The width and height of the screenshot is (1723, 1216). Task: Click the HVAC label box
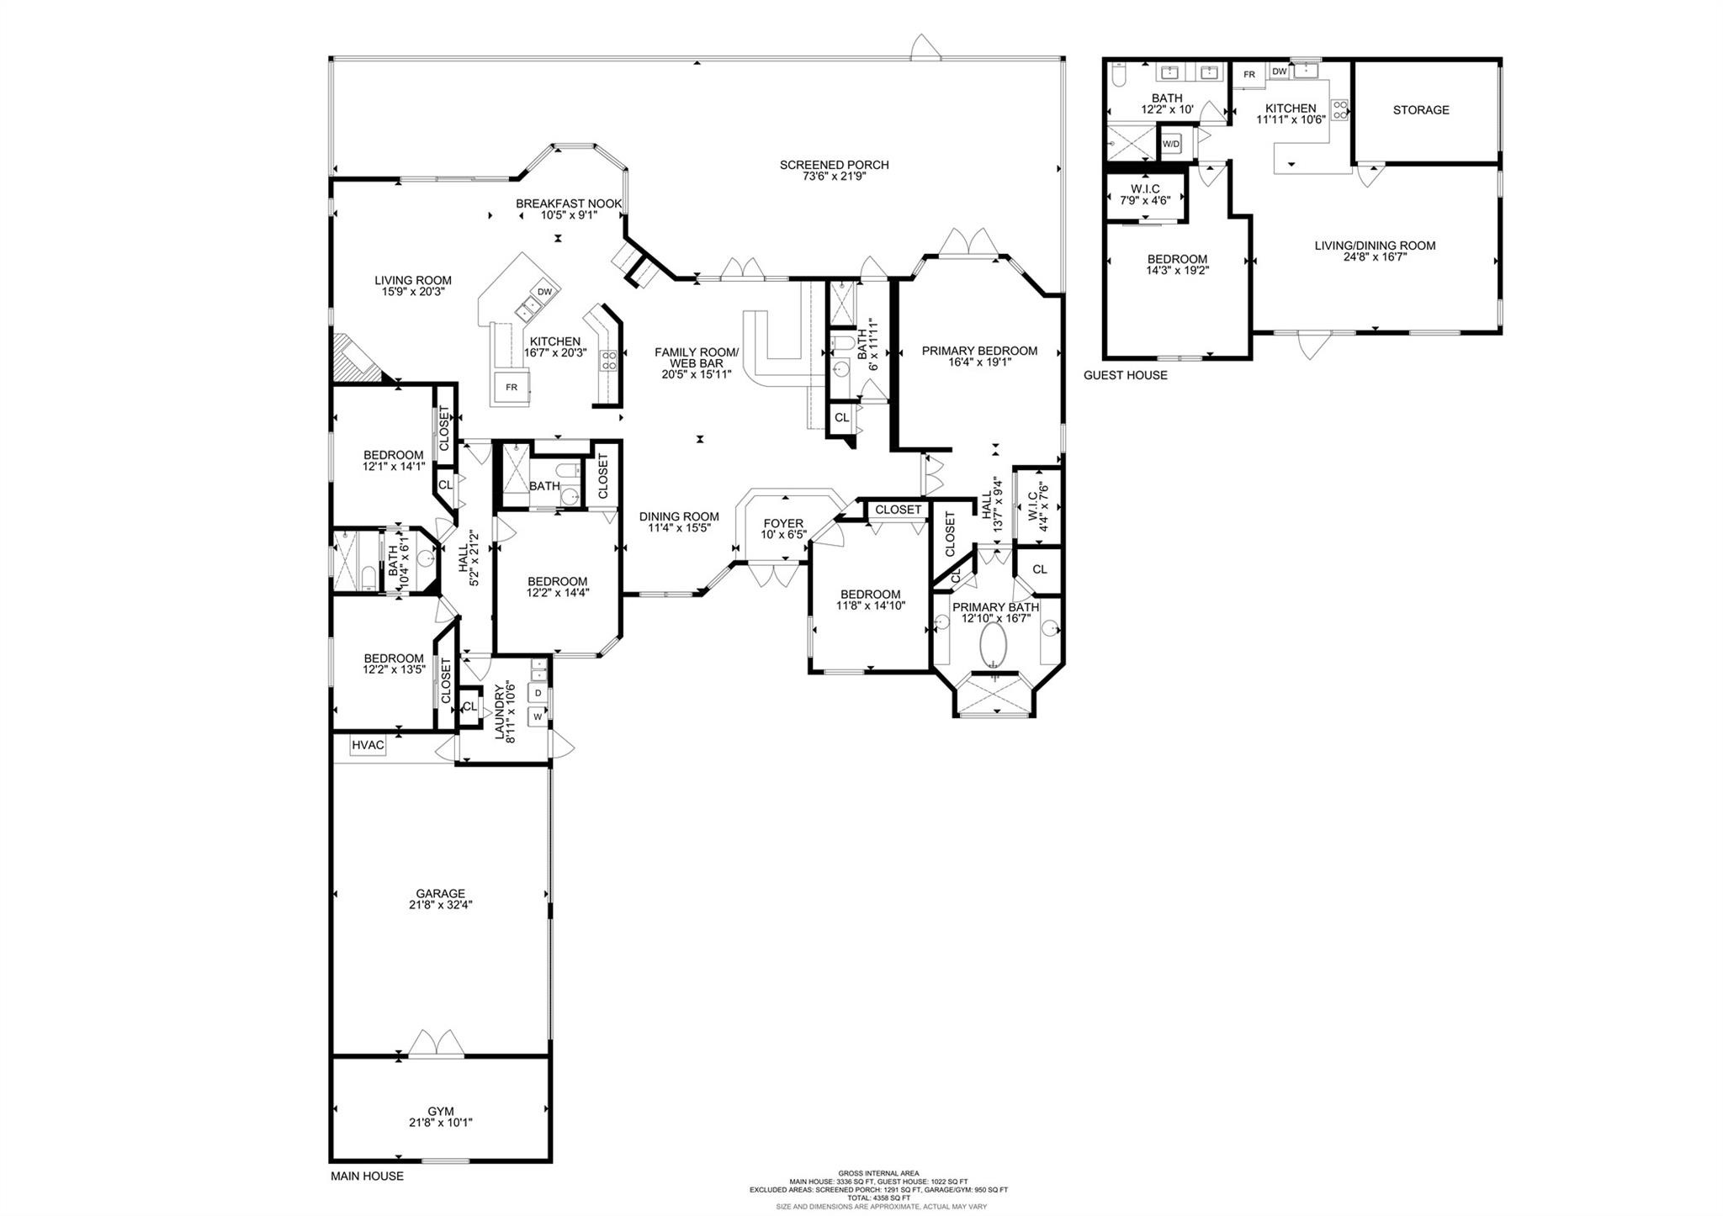coord(368,745)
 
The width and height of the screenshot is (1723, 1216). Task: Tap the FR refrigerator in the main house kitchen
coord(512,387)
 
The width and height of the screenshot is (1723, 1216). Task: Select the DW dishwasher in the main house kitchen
coord(544,292)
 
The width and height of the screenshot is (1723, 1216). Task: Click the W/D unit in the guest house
coord(1171,144)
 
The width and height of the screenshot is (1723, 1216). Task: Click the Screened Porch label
coord(834,165)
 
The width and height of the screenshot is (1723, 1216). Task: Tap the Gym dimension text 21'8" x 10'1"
coord(440,1122)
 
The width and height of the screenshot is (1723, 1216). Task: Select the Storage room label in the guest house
coord(1421,110)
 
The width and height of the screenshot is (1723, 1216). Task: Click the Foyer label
coord(782,523)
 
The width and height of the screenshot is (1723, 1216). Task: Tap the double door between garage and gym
coord(436,1044)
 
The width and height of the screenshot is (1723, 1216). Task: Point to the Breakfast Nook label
coord(569,204)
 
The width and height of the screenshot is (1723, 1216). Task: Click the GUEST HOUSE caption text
coord(1125,375)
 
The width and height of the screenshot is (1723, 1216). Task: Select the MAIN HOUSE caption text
coord(366,1176)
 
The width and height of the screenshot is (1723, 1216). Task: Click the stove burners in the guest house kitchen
coord(1339,109)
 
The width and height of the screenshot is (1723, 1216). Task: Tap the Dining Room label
coord(679,517)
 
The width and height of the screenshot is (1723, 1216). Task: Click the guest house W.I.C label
coord(1145,189)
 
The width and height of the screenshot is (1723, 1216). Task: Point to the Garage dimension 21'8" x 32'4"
coord(440,905)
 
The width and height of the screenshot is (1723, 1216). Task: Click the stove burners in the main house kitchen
coord(608,361)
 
